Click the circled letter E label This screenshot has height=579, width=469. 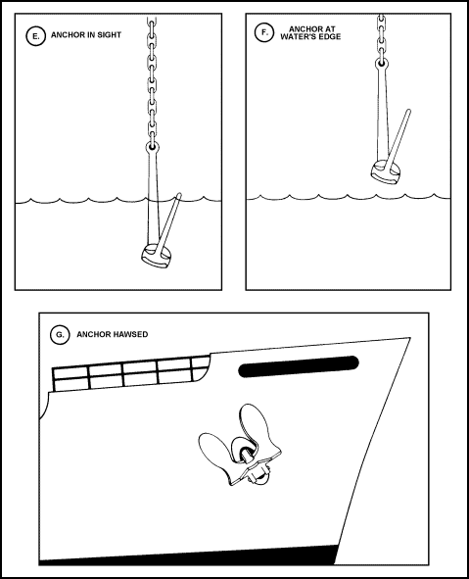(x=36, y=36)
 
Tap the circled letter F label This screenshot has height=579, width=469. (x=264, y=32)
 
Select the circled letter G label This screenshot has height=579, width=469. (x=60, y=335)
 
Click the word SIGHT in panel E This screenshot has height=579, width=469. (x=109, y=35)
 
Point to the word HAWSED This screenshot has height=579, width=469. (x=130, y=334)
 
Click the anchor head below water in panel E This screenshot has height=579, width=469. (x=157, y=256)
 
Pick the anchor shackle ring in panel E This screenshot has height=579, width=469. (x=152, y=147)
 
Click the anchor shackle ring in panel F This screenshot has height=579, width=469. (x=382, y=64)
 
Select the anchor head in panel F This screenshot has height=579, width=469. (x=386, y=172)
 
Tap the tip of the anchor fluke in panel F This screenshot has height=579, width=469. (x=408, y=111)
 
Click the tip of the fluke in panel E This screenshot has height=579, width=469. (x=179, y=194)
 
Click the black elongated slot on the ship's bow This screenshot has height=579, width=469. (x=299, y=366)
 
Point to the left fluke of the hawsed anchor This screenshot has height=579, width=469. (x=215, y=452)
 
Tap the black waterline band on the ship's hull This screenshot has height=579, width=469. (x=188, y=556)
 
